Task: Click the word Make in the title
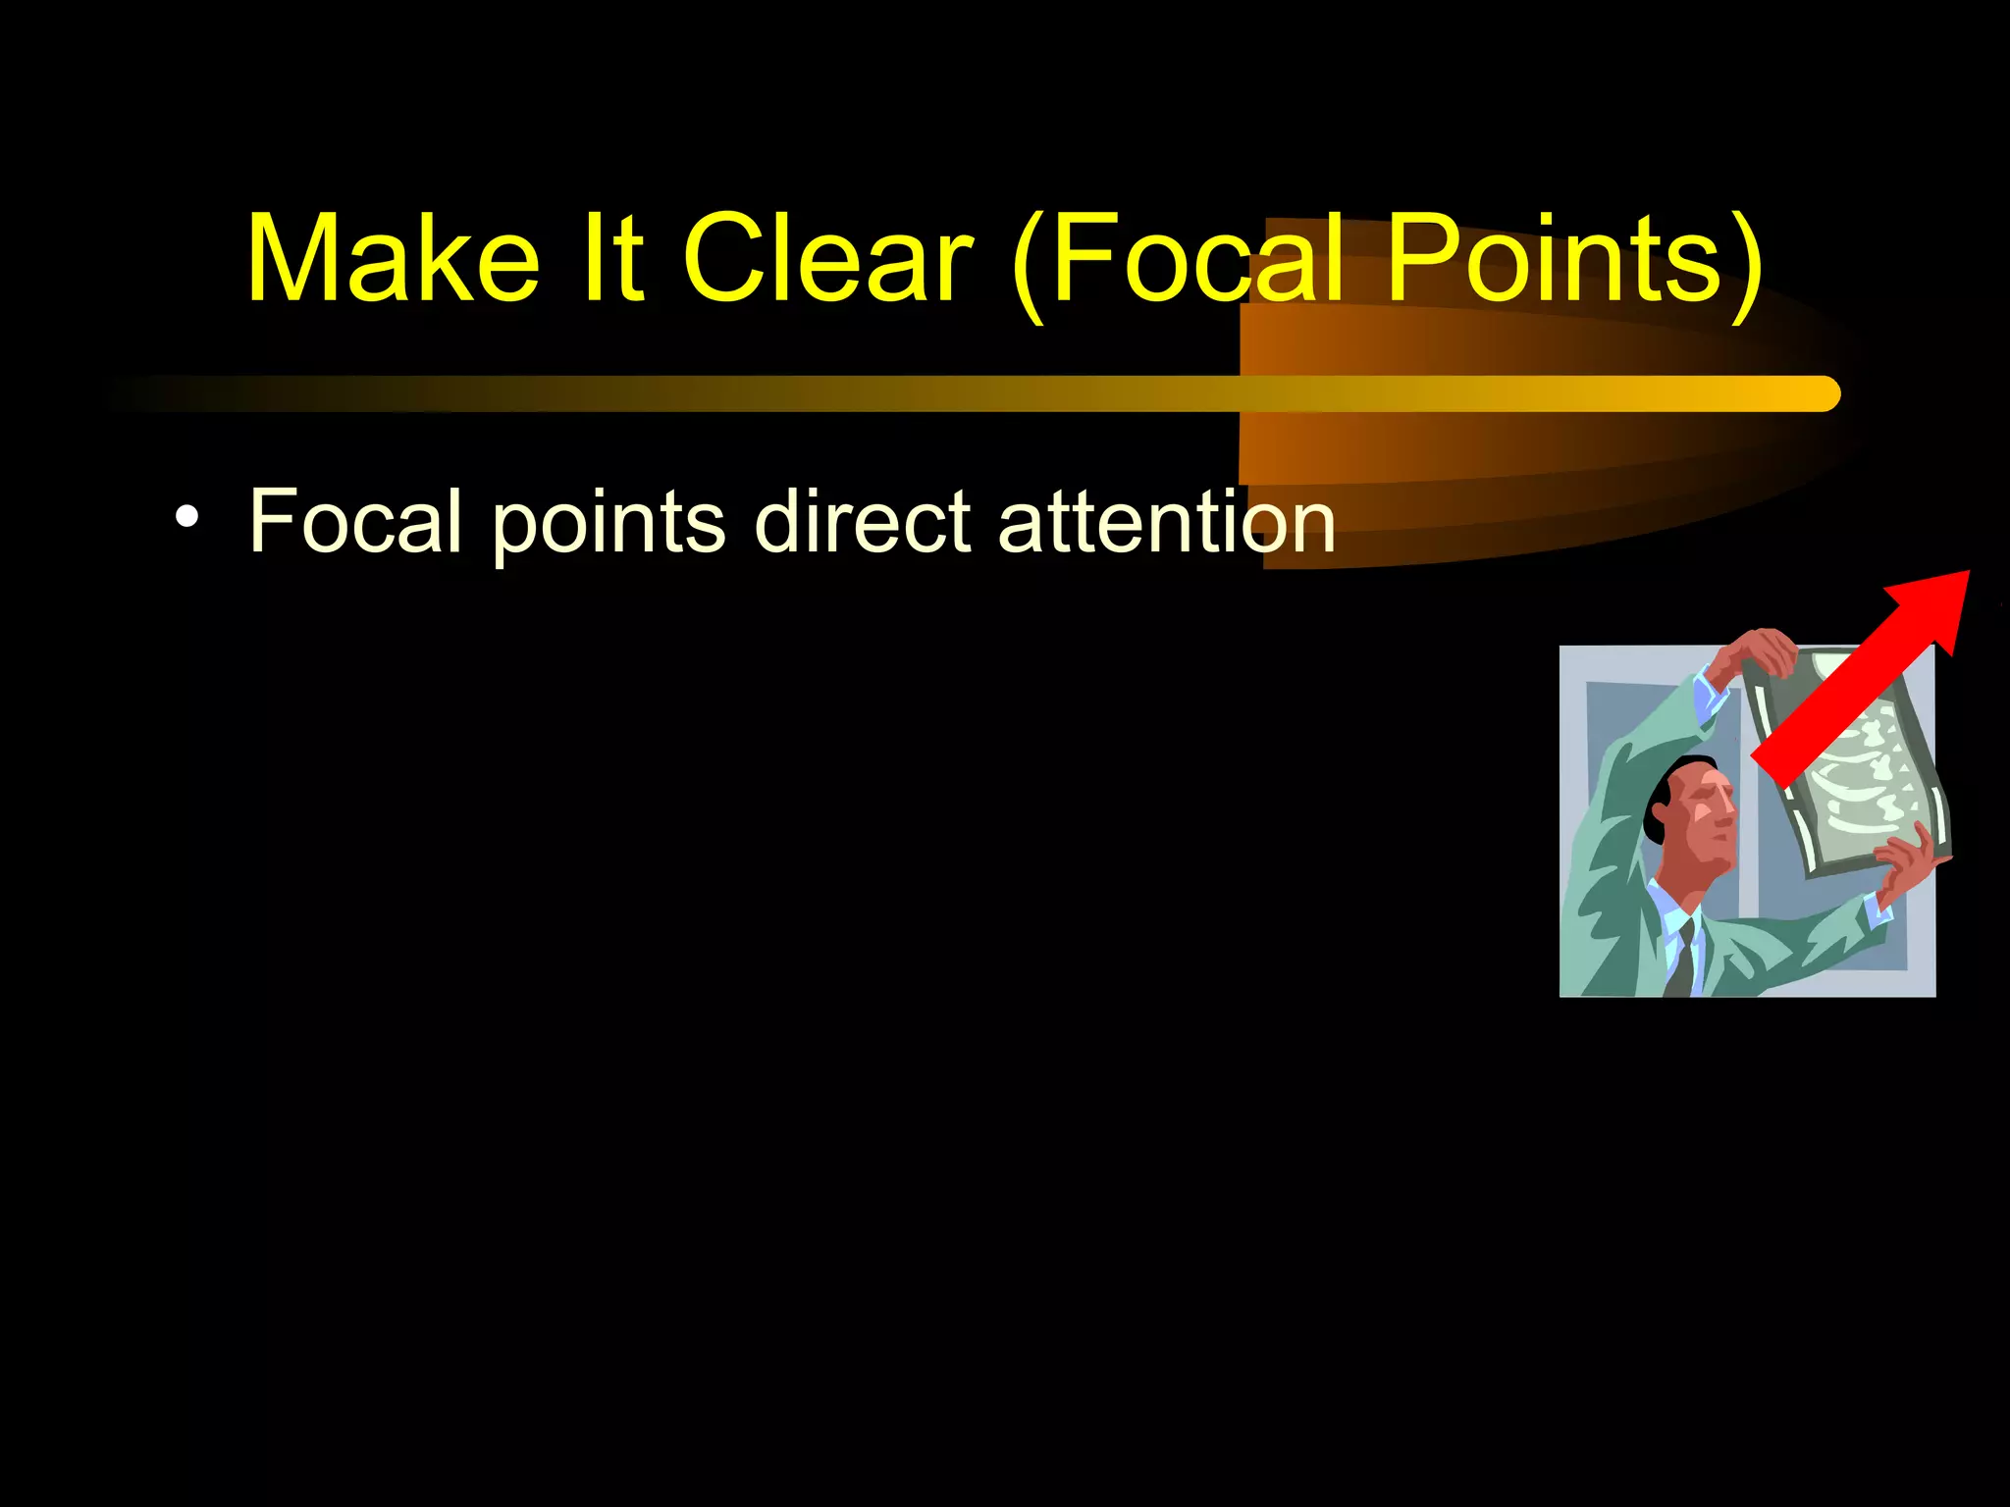393,259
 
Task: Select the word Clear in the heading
827,259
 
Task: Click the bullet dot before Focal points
186,517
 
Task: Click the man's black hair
1664,795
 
